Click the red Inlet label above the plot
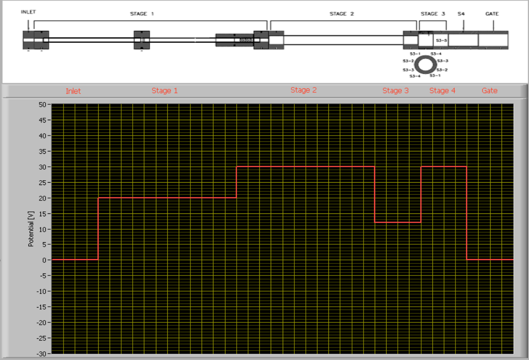pyautogui.click(x=73, y=91)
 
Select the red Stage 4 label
pyautogui.click(x=442, y=90)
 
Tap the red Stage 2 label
pyautogui.click(x=303, y=90)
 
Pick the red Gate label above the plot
pyautogui.click(x=490, y=90)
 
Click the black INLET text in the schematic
pyautogui.click(x=28, y=12)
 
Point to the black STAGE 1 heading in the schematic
pyautogui.click(x=142, y=14)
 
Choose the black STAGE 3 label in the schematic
pyautogui.click(x=433, y=14)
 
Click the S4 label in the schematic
pyautogui.click(x=461, y=14)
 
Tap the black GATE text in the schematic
pyautogui.click(x=492, y=14)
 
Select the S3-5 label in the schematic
pyautogui.click(x=441, y=41)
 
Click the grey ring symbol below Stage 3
pyautogui.click(x=425, y=64)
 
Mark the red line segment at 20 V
pyautogui.click(x=167, y=198)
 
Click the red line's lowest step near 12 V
pyautogui.click(x=398, y=222)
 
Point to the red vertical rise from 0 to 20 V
pyautogui.click(x=98, y=228)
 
